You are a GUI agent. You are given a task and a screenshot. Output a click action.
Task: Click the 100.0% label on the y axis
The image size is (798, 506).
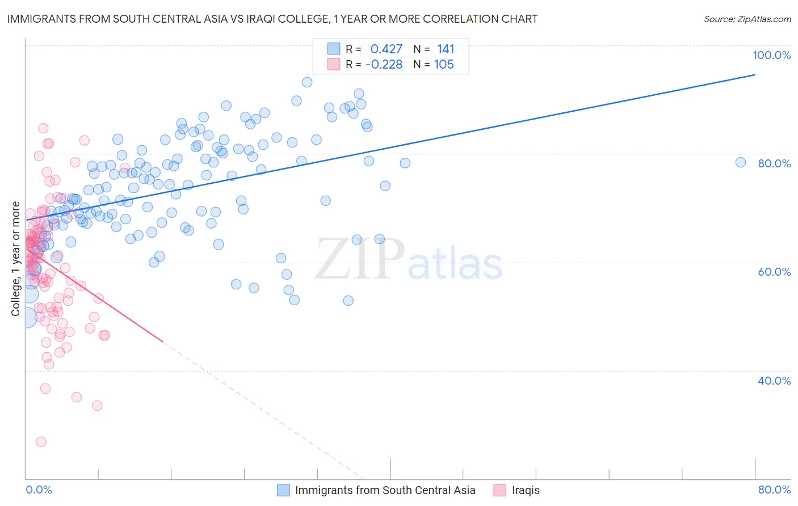pyautogui.click(x=771, y=55)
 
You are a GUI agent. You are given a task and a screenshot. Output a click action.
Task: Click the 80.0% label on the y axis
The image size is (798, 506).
pyautogui.click(x=774, y=163)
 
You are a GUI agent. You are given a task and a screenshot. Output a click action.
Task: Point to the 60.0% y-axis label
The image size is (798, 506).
pyautogui.click(x=774, y=272)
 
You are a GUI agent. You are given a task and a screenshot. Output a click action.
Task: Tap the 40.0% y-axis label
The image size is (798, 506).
pyautogui.click(x=774, y=381)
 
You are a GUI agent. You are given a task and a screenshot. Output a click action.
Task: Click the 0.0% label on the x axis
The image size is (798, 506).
pyautogui.click(x=39, y=490)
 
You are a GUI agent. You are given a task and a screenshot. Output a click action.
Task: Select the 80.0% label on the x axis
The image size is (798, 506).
pyautogui.click(x=774, y=490)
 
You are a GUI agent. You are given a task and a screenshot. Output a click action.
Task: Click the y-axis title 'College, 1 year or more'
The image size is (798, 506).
pyautogui.click(x=16, y=259)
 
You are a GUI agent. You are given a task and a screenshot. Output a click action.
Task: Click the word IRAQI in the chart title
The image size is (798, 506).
pyautogui.click(x=262, y=19)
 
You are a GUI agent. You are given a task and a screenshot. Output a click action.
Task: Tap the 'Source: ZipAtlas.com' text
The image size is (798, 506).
pyautogui.click(x=747, y=19)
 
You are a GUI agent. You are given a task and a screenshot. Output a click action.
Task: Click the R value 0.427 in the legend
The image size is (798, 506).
pyautogui.click(x=386, y=49)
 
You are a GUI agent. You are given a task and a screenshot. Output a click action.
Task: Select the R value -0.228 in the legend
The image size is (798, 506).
pyautogui.click(x=384, y=65)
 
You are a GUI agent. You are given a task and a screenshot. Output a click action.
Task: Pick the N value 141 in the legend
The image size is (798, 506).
pyautogui.click(x=446, y=49)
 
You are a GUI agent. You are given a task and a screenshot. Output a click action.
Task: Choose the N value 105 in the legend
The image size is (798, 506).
pyautogui.click(x=444, y=65)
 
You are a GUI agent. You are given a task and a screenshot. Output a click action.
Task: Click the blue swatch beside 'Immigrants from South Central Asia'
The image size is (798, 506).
pyautogui.click(x=283, y=490)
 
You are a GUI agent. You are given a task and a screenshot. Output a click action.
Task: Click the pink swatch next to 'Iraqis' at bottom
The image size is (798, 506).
pyautogui.click(x=499, y=490)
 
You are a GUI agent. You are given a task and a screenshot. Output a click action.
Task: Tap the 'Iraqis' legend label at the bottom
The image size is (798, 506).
pyautogui.click(x=526, y=490)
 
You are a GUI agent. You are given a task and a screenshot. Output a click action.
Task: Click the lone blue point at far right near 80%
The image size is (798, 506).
pyautogui.click(x=740, y=162)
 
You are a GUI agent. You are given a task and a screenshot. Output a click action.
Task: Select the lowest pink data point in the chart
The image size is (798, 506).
pyautogui.click(x=41, y=441)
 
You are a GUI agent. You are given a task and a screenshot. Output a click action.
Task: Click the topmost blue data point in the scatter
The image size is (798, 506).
pyautogui.click(x=307, y=82)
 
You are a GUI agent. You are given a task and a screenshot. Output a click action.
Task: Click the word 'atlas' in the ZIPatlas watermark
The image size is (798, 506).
pyautogui.click(x=455, y=264)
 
